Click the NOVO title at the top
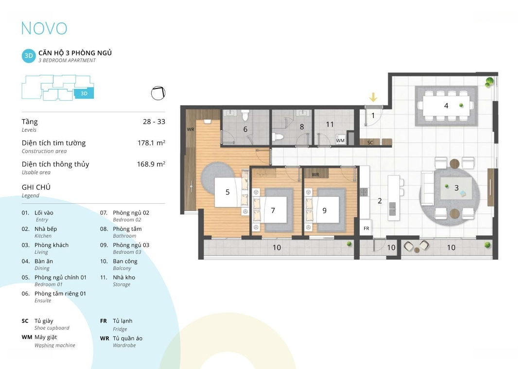pyautogui.click(x=44, y=29)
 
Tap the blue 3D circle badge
pyautogui.click(x=29, y=56)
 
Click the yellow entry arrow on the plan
pyautogui.click(x=373, y=97)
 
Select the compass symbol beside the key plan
pyautogui.click(x=158, y=93)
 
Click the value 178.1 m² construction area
pyautogui.click(x=151, y=142)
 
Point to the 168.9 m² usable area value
pyautogui.click(x=151, y=164)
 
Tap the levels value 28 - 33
pyautogui.click(x=154, y=122)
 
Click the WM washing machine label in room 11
pyautogui.click(x=340, y=141)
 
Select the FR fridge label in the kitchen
pyautogui.click(x=367, y=228)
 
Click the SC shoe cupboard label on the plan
pyautogui.click(x=370, y=142)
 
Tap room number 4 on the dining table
pyautogui.click(x=446, y=106)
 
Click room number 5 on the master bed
pyautogui.click(x=227, y=192)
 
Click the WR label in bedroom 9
pyautogui.click(x=315, y=175)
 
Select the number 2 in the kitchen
pyautogui.click(x=380, y=201)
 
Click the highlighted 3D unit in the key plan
pyautogui.click(x=84, y=93)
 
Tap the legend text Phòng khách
pyautogui.click(x=52, y=245)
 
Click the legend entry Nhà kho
pyautogui.click(x=124, y=277)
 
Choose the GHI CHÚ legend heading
pyautogui.click(x=36, y=187)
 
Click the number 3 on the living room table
pyautogui.click(x=456, y=188)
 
